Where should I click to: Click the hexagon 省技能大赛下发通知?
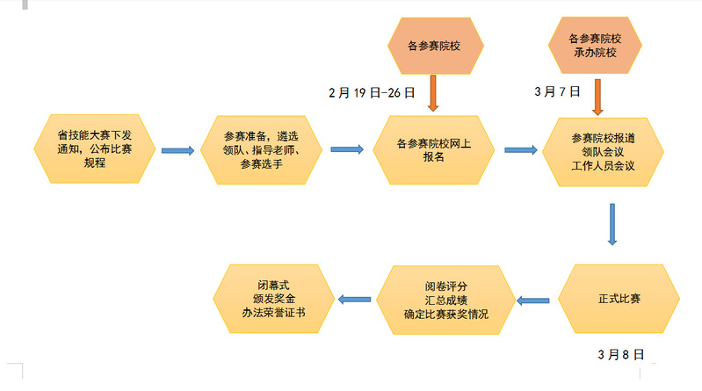(x=94, y=148)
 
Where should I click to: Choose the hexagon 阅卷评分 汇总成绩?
(x=445, y=300)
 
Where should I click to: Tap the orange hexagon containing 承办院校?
(x=597, y=46)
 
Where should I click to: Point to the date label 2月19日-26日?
(x=372, y=91)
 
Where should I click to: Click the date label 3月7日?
(x=557, y=91)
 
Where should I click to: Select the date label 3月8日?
(x=620, y=355)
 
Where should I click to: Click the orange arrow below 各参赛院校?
(x=432, y=93)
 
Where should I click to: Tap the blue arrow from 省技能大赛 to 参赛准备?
(x=178, y=150)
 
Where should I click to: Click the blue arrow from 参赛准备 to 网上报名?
(x=347, y=149)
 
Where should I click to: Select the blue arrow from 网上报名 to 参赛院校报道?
(x=522, y=150)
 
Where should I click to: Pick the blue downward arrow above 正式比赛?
(x=612, y=225)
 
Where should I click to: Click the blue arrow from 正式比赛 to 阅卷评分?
(x=533, y=300)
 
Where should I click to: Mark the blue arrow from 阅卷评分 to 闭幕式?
(x=356, y=300)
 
